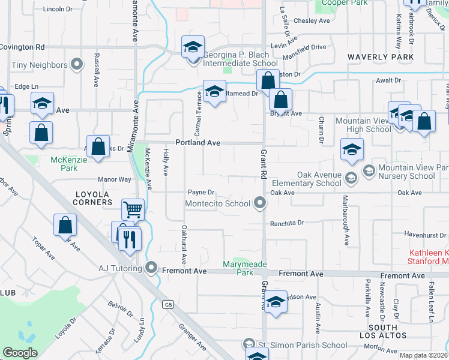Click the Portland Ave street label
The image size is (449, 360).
[198, 143]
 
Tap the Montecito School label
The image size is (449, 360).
[217, 203]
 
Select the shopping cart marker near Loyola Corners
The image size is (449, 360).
[133, 211]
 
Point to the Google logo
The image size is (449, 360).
[20, 353]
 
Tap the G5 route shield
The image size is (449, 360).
[168, 304]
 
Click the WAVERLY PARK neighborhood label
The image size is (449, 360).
[381, 57]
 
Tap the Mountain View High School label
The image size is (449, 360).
[363, 125]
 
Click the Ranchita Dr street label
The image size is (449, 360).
[288, 222]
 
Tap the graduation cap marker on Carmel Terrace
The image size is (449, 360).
[214, 92]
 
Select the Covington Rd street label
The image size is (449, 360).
[22, 46]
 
